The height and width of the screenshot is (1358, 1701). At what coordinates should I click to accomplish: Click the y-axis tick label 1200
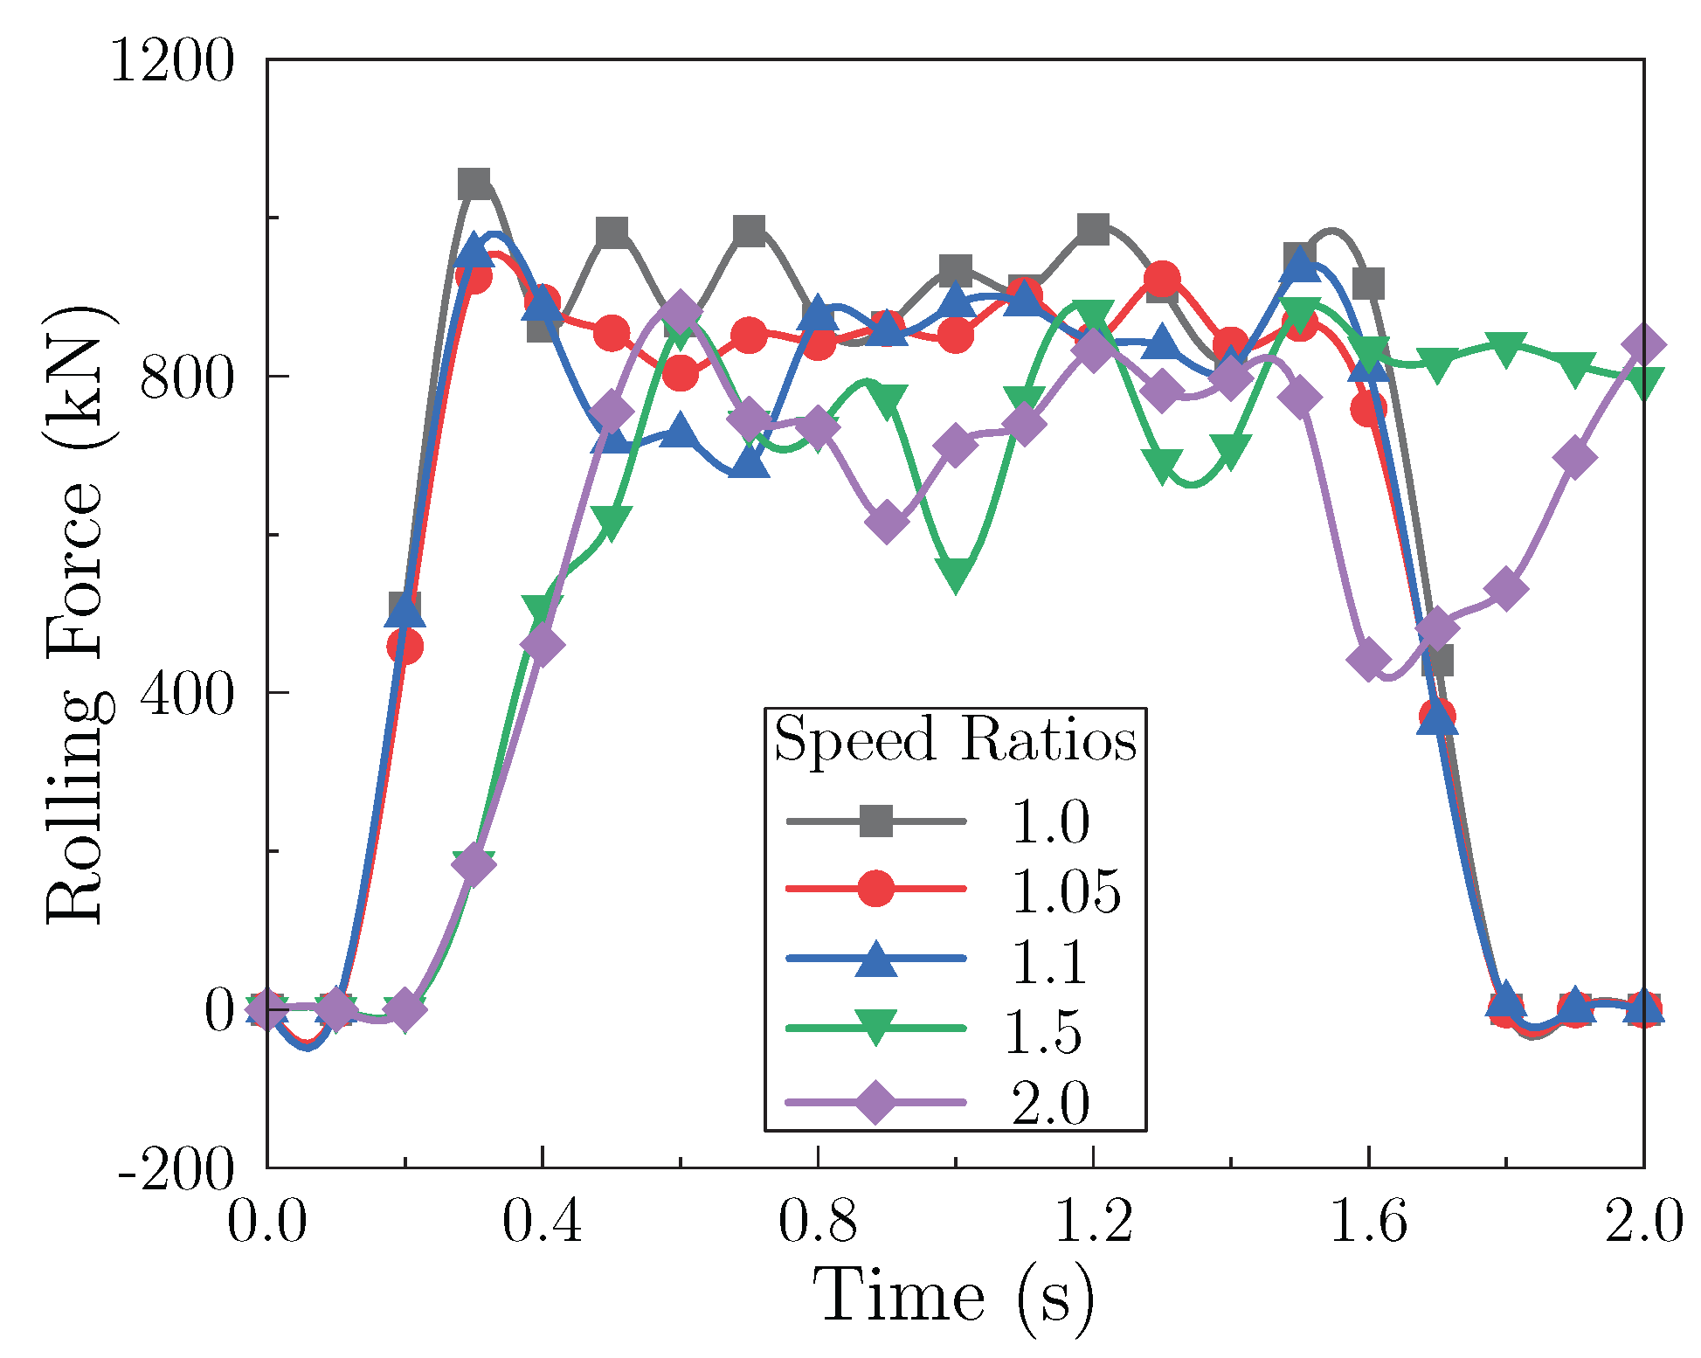[x=172, y=63]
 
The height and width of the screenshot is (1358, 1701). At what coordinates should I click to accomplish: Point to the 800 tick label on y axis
[x=187, y=378]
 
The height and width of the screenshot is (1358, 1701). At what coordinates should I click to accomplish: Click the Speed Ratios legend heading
[x=955, y=739]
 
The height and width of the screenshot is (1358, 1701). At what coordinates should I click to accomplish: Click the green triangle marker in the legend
[x=876, y=1027]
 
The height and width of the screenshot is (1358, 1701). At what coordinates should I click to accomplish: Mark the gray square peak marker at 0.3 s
[x=474, y=184]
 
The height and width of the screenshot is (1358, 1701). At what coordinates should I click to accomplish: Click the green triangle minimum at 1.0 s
[x=956, y=575]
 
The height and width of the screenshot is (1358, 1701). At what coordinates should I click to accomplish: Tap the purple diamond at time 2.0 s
[x=1643, y=345]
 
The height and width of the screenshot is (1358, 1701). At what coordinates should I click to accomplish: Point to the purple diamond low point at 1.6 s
[x=1368, y=660]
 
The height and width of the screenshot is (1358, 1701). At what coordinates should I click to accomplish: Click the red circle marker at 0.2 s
[x=405, y=646]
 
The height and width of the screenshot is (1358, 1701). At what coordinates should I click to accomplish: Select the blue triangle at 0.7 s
[x=750, y=463]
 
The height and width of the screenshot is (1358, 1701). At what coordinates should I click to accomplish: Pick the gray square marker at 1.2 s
[x=1093, y=229]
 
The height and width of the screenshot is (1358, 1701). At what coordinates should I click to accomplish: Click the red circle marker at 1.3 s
[x=1162, y=280]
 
